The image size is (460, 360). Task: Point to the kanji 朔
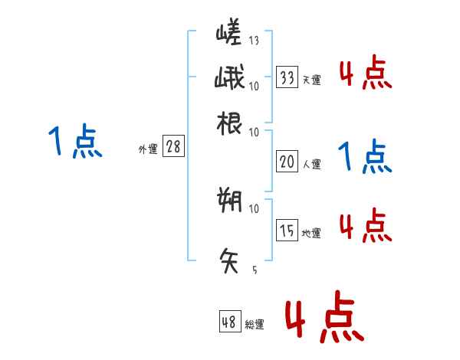click(x=230, y=201)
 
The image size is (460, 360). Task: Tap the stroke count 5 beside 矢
click(x=254, y=270)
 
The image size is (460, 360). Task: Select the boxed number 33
click(x=287, y=77)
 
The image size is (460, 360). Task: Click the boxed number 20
click(x=287, y=161)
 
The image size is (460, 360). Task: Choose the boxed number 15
click(x=287, y=230)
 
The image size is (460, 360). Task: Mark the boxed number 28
click(x=173, y=147)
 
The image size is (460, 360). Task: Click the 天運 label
click(x=311, y=80)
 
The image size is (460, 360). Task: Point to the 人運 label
click(x=311, y=164)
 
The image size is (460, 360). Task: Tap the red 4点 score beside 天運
click(x=365, y=74)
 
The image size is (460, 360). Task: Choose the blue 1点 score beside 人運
click(x=365, y=157)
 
